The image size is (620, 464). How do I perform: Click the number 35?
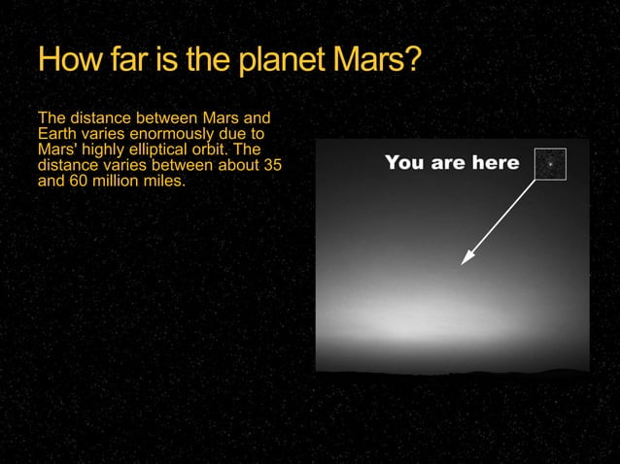pyautogui.click(x=273, y=165)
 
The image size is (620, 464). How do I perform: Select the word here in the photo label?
pyautogui.click(x=496, y=163)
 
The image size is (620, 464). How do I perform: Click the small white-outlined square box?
pyautogui.click(x=550, y=164)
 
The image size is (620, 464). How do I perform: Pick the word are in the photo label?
pyautogui.click(x=447, y=163)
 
